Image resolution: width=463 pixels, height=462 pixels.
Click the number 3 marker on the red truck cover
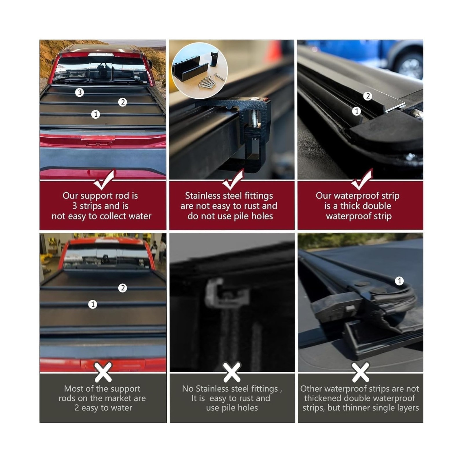79,92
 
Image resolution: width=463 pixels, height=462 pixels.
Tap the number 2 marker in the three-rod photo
123,102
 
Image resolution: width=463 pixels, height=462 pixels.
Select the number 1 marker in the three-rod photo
95,114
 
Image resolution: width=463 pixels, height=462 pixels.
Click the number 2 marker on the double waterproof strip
368,96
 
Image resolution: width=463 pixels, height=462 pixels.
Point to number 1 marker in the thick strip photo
357,111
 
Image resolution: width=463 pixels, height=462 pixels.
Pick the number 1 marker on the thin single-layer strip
399,280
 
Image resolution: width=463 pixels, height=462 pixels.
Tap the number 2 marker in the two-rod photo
123,288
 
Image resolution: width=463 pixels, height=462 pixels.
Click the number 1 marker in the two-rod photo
93,304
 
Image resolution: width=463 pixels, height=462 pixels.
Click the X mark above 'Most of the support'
103,372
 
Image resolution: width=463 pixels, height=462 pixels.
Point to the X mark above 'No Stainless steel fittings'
232,372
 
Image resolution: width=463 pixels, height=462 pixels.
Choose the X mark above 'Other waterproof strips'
361,372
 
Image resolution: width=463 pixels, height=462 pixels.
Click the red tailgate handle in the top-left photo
98,141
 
